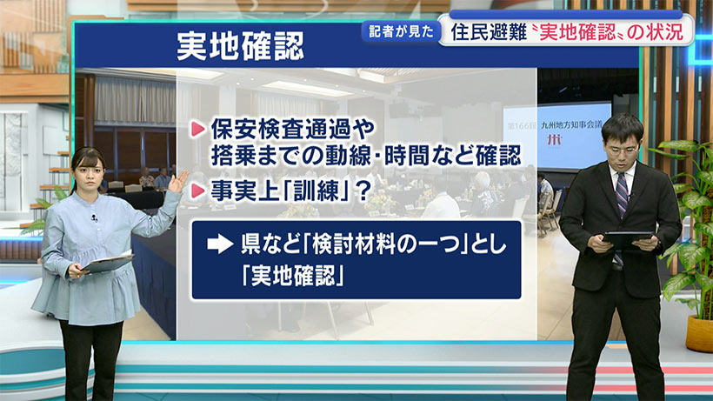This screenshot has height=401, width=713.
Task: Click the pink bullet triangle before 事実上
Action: pos(197,187)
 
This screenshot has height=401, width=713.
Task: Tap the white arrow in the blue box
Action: pos(217,245)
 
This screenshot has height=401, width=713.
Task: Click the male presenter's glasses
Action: pos(623,148)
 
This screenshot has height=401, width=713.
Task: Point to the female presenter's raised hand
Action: pos(178,182)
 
